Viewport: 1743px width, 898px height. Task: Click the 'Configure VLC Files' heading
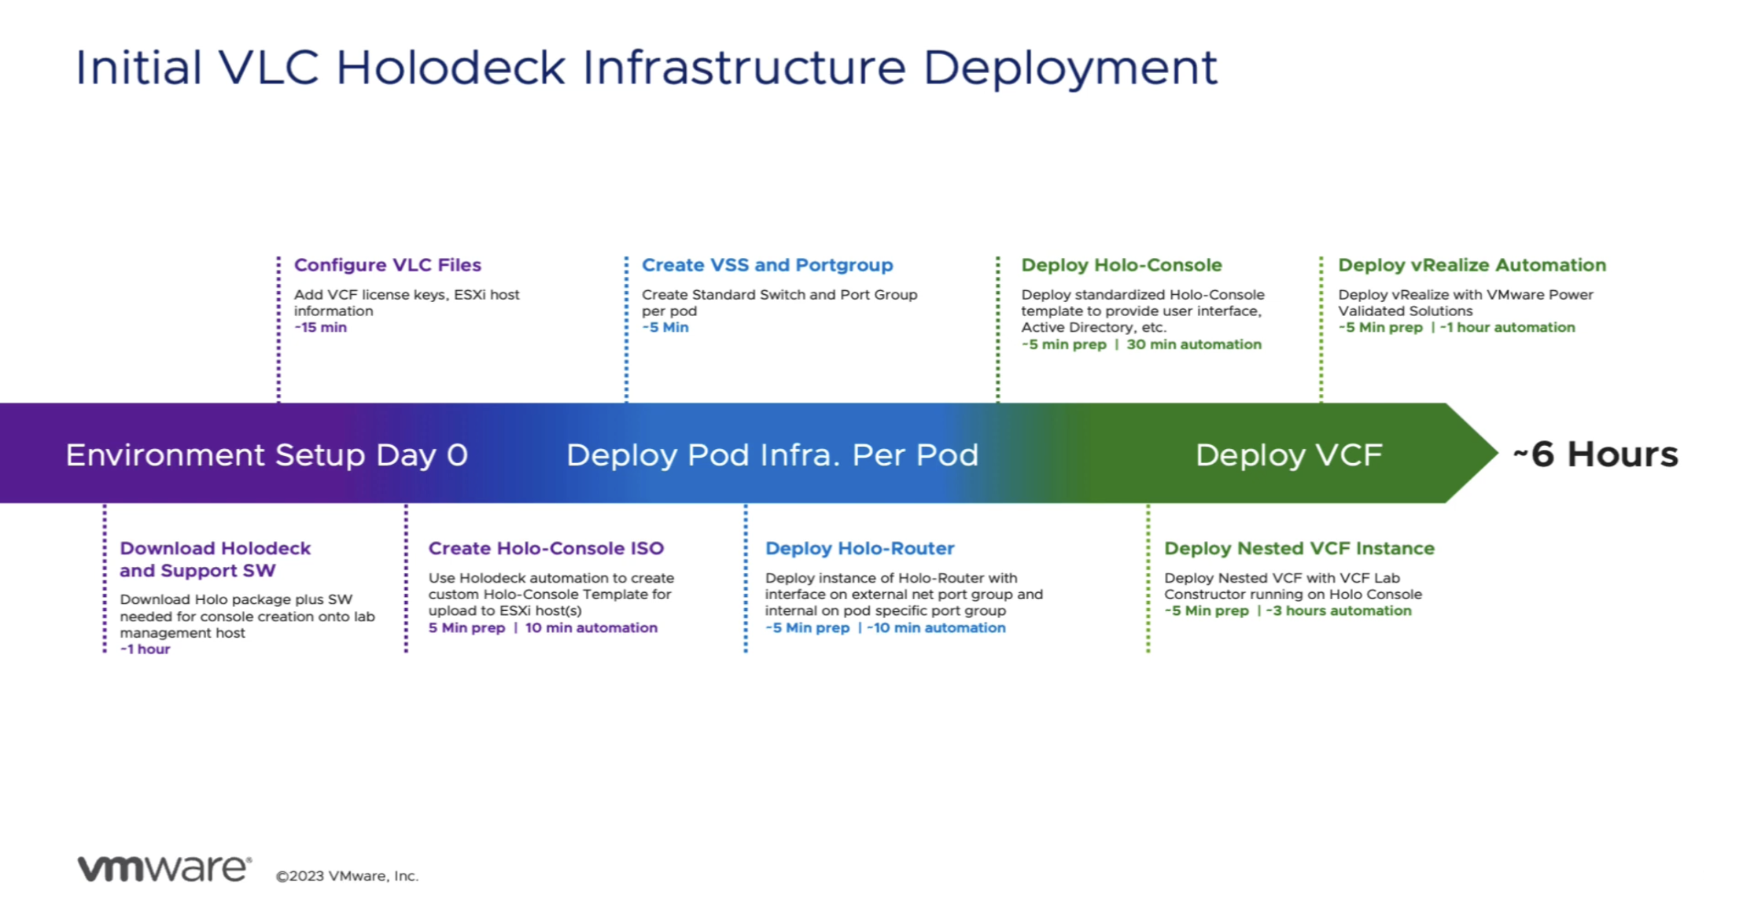(387, 265)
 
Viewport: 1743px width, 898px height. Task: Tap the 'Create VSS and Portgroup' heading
(767, 265)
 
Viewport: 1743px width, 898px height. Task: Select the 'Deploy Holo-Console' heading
(1121, 265)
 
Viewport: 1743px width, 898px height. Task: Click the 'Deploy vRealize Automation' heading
(1472, 265)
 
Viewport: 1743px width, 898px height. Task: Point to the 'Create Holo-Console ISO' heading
(546, 548)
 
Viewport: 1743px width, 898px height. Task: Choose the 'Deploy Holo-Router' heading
(859, 548)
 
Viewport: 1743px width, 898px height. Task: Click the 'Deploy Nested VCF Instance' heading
(1299, 548)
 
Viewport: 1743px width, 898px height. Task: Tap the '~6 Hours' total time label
(1595, 454)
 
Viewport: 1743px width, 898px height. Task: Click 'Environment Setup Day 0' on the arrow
(267, 455)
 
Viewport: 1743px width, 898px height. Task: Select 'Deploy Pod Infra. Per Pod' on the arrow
(772, 455)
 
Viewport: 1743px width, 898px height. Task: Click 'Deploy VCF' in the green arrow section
(1288, 455)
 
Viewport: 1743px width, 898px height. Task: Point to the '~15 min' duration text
(320, 327)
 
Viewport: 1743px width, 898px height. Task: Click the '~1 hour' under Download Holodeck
(145, 649)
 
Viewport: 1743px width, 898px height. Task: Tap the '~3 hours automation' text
(1339, 611)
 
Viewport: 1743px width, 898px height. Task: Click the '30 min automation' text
(1193, 344)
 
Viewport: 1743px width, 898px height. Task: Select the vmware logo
(164, 868)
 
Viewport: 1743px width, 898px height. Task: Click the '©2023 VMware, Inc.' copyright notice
(347, 876)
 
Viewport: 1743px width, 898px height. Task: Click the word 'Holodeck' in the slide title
(450, 68)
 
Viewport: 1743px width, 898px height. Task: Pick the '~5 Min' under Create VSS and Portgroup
(665, 327)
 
